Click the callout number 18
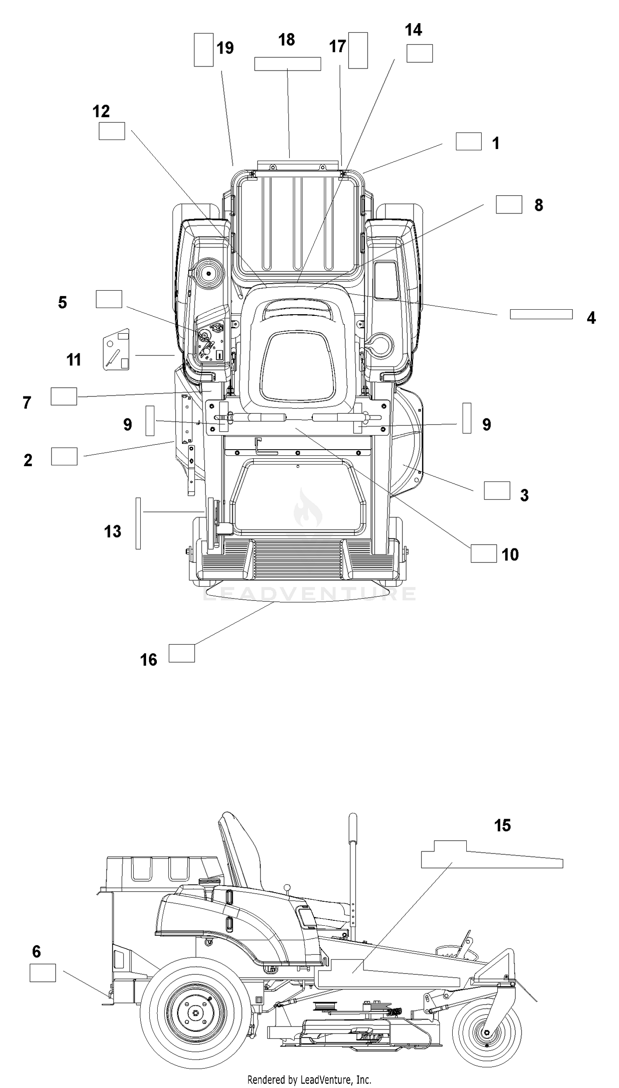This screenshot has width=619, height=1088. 286,40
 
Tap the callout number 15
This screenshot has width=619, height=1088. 502,825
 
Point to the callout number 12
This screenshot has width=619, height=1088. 101,111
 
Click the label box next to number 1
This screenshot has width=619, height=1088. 468,141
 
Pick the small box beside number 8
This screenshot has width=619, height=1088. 509,204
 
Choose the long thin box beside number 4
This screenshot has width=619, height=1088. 541,314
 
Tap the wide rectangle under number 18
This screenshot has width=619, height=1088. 287,64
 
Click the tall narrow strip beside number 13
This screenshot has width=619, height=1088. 138,523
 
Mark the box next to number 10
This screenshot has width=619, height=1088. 483,553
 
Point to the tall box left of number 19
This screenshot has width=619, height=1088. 203,50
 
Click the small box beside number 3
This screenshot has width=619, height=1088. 497,491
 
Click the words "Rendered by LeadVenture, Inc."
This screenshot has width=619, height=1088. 309,1079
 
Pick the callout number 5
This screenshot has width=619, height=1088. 62,302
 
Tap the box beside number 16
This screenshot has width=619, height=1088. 182,653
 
